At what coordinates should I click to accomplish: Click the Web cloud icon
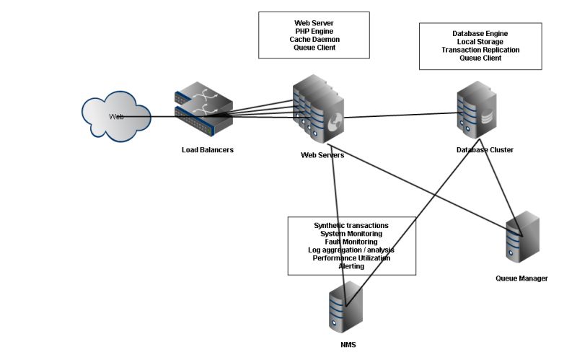tap(115, 115)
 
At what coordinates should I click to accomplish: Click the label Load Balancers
tap(208, 150)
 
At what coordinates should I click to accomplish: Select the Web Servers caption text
tap(322, 155)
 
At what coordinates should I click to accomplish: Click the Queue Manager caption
tap(521, 278)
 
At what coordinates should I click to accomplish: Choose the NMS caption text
tap(348, 345)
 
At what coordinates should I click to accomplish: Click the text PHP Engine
tap(314, 32)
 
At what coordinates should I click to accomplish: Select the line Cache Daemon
tap(314, 40)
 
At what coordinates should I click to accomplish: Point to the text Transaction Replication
tap(480, 50)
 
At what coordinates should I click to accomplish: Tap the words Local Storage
tap(480, 42)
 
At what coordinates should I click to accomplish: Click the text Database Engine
tap(480, 34)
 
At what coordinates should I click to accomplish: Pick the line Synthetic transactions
tap(351, 226)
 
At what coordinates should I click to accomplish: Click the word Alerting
tap(351, 266)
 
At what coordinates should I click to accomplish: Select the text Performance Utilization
tap(351, 258)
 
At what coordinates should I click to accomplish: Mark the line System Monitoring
tap(351, 234)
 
